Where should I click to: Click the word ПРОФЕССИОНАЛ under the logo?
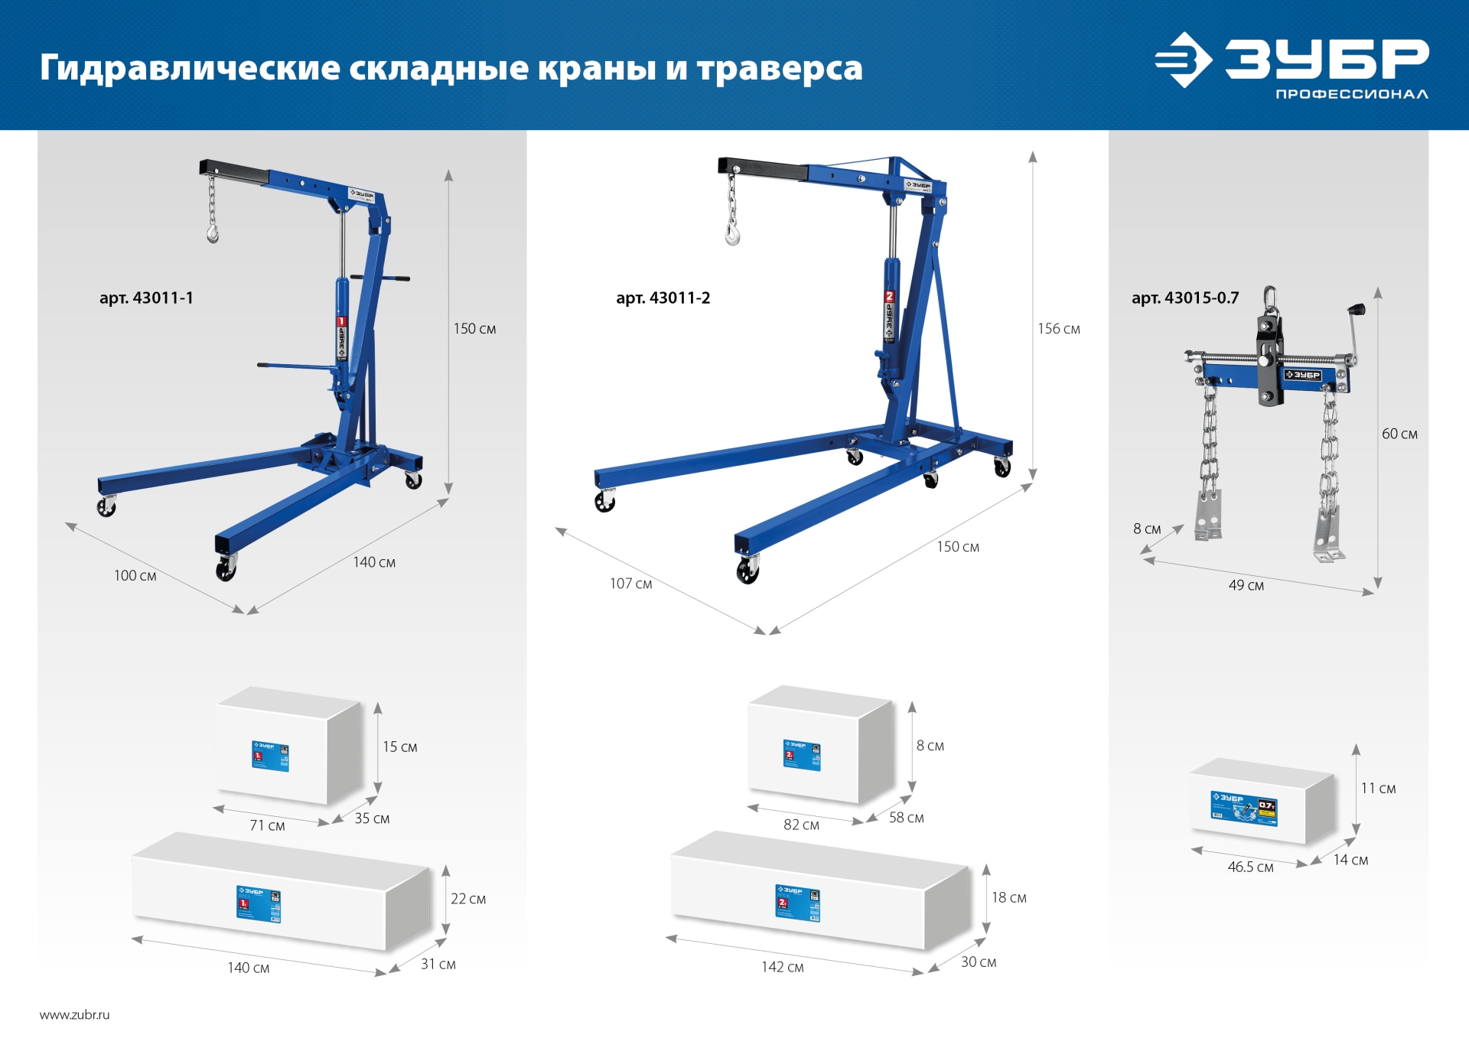(x=1351, y=94)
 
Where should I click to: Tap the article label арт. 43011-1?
(x=146, y=298)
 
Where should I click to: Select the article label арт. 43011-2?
(x=663, y=298)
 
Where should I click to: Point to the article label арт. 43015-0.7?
(x=1184, y=298)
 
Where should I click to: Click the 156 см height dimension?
(x=1058, y=329)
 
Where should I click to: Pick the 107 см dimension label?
(x=630, y=584)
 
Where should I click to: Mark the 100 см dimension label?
(x=135, y=575)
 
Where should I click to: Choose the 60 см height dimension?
(x=1399, y=434)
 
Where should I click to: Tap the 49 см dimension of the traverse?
(x=1246, y=585)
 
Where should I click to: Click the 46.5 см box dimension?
(x=1250, y=867)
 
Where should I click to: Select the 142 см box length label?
(x=782, y=967)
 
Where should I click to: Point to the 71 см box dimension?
(x=267, y=825)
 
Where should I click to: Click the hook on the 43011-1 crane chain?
(x=213, y=233)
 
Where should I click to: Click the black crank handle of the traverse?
(x=1357, y=310)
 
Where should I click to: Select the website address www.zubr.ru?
(x=74, y=1015)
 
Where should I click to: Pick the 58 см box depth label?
(x=906, y=818)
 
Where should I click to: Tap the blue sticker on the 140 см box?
(x=259, y=903)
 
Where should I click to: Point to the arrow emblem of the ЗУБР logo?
(x=1183, y=60)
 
